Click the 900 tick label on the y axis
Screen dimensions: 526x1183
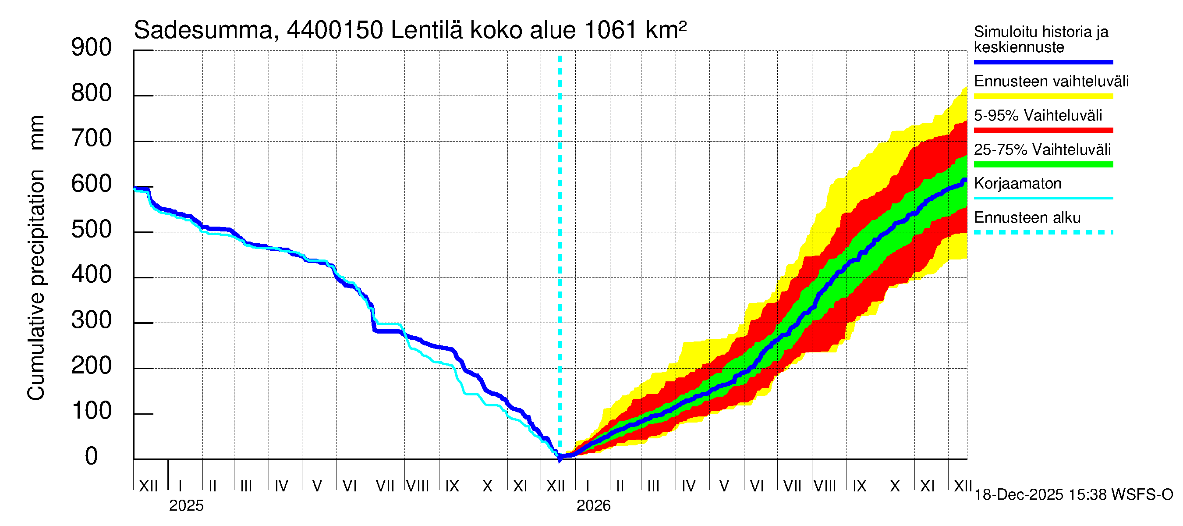(x=92, y=48)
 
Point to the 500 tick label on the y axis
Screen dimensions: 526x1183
(x=92, y=230)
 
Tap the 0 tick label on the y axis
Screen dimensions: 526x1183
(x=92, y=457)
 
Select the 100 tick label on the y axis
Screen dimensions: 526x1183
(x=92, y=411)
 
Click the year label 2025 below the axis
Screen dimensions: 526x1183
(x=186, y=506)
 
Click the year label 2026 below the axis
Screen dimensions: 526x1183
(x=593, y=506)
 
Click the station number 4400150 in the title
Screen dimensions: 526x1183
(x=335, y=31)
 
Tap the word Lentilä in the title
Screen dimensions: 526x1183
(x=427, y=31)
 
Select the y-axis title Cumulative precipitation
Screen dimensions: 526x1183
(x=36, y=285)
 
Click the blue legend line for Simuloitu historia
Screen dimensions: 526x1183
(x=1043, y=62)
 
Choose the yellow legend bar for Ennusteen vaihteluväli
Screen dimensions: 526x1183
(x=1043, y=96)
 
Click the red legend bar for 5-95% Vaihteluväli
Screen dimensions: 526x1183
(x=1043, y=131)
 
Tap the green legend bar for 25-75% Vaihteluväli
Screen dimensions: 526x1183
(x=1043, y=164)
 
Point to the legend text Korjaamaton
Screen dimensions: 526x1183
(x=1017, y=184)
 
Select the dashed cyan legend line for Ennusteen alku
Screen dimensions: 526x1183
(x=1043, y=232)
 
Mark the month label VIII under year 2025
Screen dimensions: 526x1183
(x=418, y=486)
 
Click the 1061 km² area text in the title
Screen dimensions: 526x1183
(x=636, y=31)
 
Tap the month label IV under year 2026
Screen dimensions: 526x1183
(x=688, y=486)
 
